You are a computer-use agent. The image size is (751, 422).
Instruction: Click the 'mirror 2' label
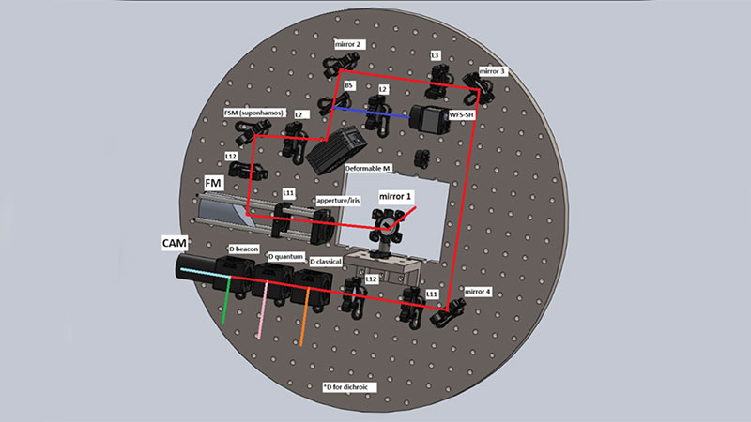(x=349, y=44)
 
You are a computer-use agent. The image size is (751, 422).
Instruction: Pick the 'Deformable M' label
(x=370, y=168)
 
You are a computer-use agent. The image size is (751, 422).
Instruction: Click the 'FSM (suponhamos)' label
(x=253, y=113)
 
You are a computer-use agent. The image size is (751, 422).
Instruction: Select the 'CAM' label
(x=175, y=243)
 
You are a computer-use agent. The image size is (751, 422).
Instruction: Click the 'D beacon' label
(x=244, y=249)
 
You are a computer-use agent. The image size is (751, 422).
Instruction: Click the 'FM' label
(x=213, y=180)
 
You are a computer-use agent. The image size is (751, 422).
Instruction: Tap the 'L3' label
(x=436, y=56)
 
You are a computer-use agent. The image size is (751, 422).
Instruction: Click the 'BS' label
(x=349, y=85)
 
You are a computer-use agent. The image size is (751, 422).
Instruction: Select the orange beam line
(x=303, y=324)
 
